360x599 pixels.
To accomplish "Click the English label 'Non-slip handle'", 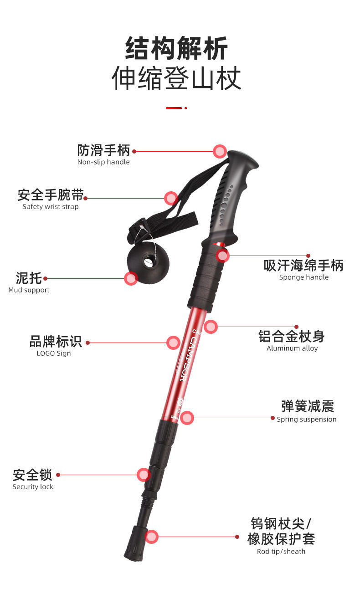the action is (x=103, y=162).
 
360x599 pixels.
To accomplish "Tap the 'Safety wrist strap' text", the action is (x=51, y=207).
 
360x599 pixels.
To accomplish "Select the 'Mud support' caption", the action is (x=29, y=290).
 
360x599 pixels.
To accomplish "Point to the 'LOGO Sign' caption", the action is (x=54, y=353).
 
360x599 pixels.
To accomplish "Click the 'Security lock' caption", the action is (x=33, y=487).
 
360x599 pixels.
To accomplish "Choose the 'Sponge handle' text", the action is (x=303, y=277).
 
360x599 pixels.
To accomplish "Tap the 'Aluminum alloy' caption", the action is (x=292, y=348).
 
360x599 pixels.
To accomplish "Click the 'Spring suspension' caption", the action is (x=306, y=420).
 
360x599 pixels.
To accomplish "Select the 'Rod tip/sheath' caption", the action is (x=281, y=552).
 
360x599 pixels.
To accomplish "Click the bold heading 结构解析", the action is (x=177, y=49).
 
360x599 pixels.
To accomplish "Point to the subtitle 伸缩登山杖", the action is (x=177, y=78).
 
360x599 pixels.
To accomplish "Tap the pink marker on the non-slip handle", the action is (x=220, y=151).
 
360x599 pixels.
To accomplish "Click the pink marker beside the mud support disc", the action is (x=131, y=278).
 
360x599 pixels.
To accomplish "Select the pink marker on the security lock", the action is (x=144, y=475).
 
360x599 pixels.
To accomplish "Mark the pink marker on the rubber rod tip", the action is (x=152, y=537).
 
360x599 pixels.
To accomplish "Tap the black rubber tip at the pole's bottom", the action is (x=135, y=544).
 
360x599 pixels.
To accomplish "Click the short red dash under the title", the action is (x=174, y=108).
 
